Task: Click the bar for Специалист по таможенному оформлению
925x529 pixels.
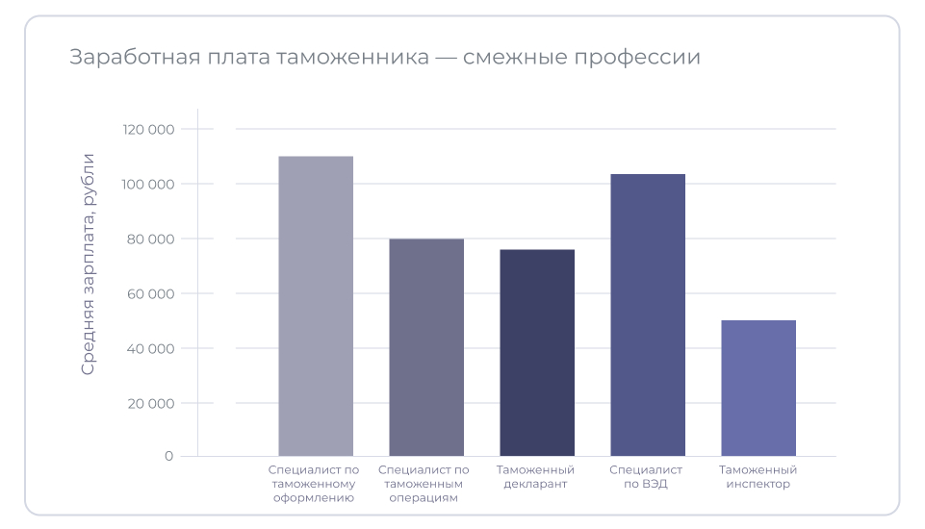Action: [316, 306]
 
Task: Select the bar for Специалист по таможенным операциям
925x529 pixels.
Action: [426, 347]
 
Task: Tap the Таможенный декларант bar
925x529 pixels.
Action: [537, 353]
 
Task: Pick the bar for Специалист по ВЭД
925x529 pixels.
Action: [648, 315]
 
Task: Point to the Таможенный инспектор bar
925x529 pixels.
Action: [758, 388]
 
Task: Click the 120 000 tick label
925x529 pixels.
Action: [148, 130]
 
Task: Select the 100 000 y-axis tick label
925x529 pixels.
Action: [148, 185]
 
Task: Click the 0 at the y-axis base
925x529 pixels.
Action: [168, 456]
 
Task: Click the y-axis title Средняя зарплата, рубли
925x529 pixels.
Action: [89, 264]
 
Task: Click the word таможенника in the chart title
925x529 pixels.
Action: [352, 58]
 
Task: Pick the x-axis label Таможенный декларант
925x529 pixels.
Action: [536, 477]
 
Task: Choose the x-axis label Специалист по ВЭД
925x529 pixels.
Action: [646, 477]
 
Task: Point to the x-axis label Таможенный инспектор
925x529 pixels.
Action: [758, 477]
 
